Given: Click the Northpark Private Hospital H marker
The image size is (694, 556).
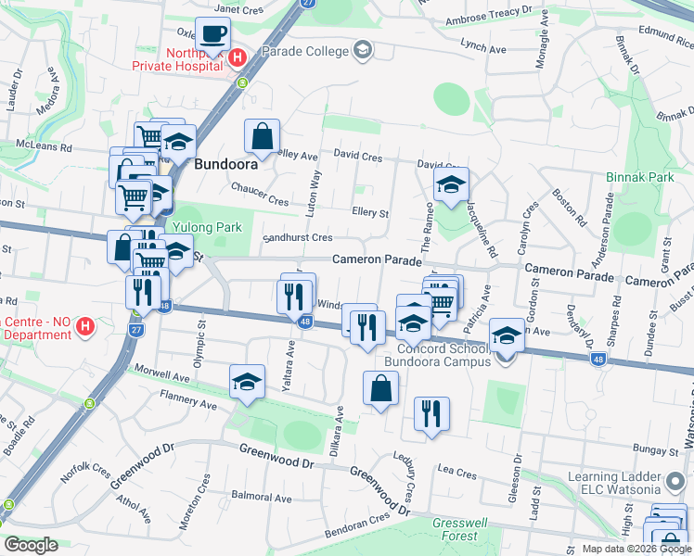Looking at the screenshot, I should tap(237, 57).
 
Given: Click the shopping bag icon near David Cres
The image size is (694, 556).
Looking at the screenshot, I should tap(263, 137).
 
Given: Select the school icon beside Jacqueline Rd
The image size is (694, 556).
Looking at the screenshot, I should tap(451, 185).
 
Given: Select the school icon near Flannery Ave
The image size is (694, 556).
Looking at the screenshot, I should tap(248, 382).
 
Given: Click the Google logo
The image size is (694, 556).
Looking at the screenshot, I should tap(31, 546).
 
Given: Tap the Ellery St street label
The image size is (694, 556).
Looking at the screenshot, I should tap(370, 212).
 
